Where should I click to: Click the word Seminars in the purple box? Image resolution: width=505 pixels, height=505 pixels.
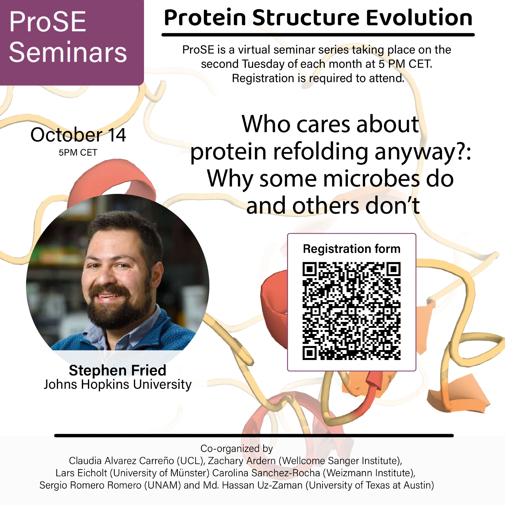68,52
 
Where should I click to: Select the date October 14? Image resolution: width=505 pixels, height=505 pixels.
78,135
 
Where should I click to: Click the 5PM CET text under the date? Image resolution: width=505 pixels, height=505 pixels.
78,152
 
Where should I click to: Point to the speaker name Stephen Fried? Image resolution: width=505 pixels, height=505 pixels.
117,370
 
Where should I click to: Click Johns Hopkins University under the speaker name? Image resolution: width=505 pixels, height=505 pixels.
118,385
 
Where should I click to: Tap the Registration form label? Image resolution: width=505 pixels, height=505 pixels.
352,249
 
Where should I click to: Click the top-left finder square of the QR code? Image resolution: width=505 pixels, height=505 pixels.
310,269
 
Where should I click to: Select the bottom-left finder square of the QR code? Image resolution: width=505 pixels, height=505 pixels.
310,353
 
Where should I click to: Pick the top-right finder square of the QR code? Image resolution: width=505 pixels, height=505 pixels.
393,269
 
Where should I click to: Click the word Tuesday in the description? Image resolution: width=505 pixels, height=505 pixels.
263,64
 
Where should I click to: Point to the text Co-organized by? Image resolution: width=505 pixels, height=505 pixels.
236,449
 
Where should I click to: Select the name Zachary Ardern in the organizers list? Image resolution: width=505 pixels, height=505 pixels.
242,461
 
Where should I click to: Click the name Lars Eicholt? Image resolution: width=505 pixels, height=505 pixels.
81,473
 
